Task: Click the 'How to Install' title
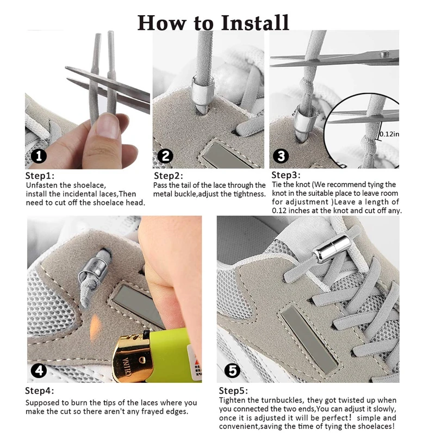pos(213,22)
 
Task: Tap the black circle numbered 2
pos(166,156)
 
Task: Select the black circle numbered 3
pos(281,156)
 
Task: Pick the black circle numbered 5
pos(233,371)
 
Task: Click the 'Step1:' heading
pos(40,176)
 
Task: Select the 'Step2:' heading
pos(169,176)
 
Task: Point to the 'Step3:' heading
pos(285,175)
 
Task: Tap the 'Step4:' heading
pos(40,391)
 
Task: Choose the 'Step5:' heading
pos(234,391)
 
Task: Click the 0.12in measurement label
pos(389,134)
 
